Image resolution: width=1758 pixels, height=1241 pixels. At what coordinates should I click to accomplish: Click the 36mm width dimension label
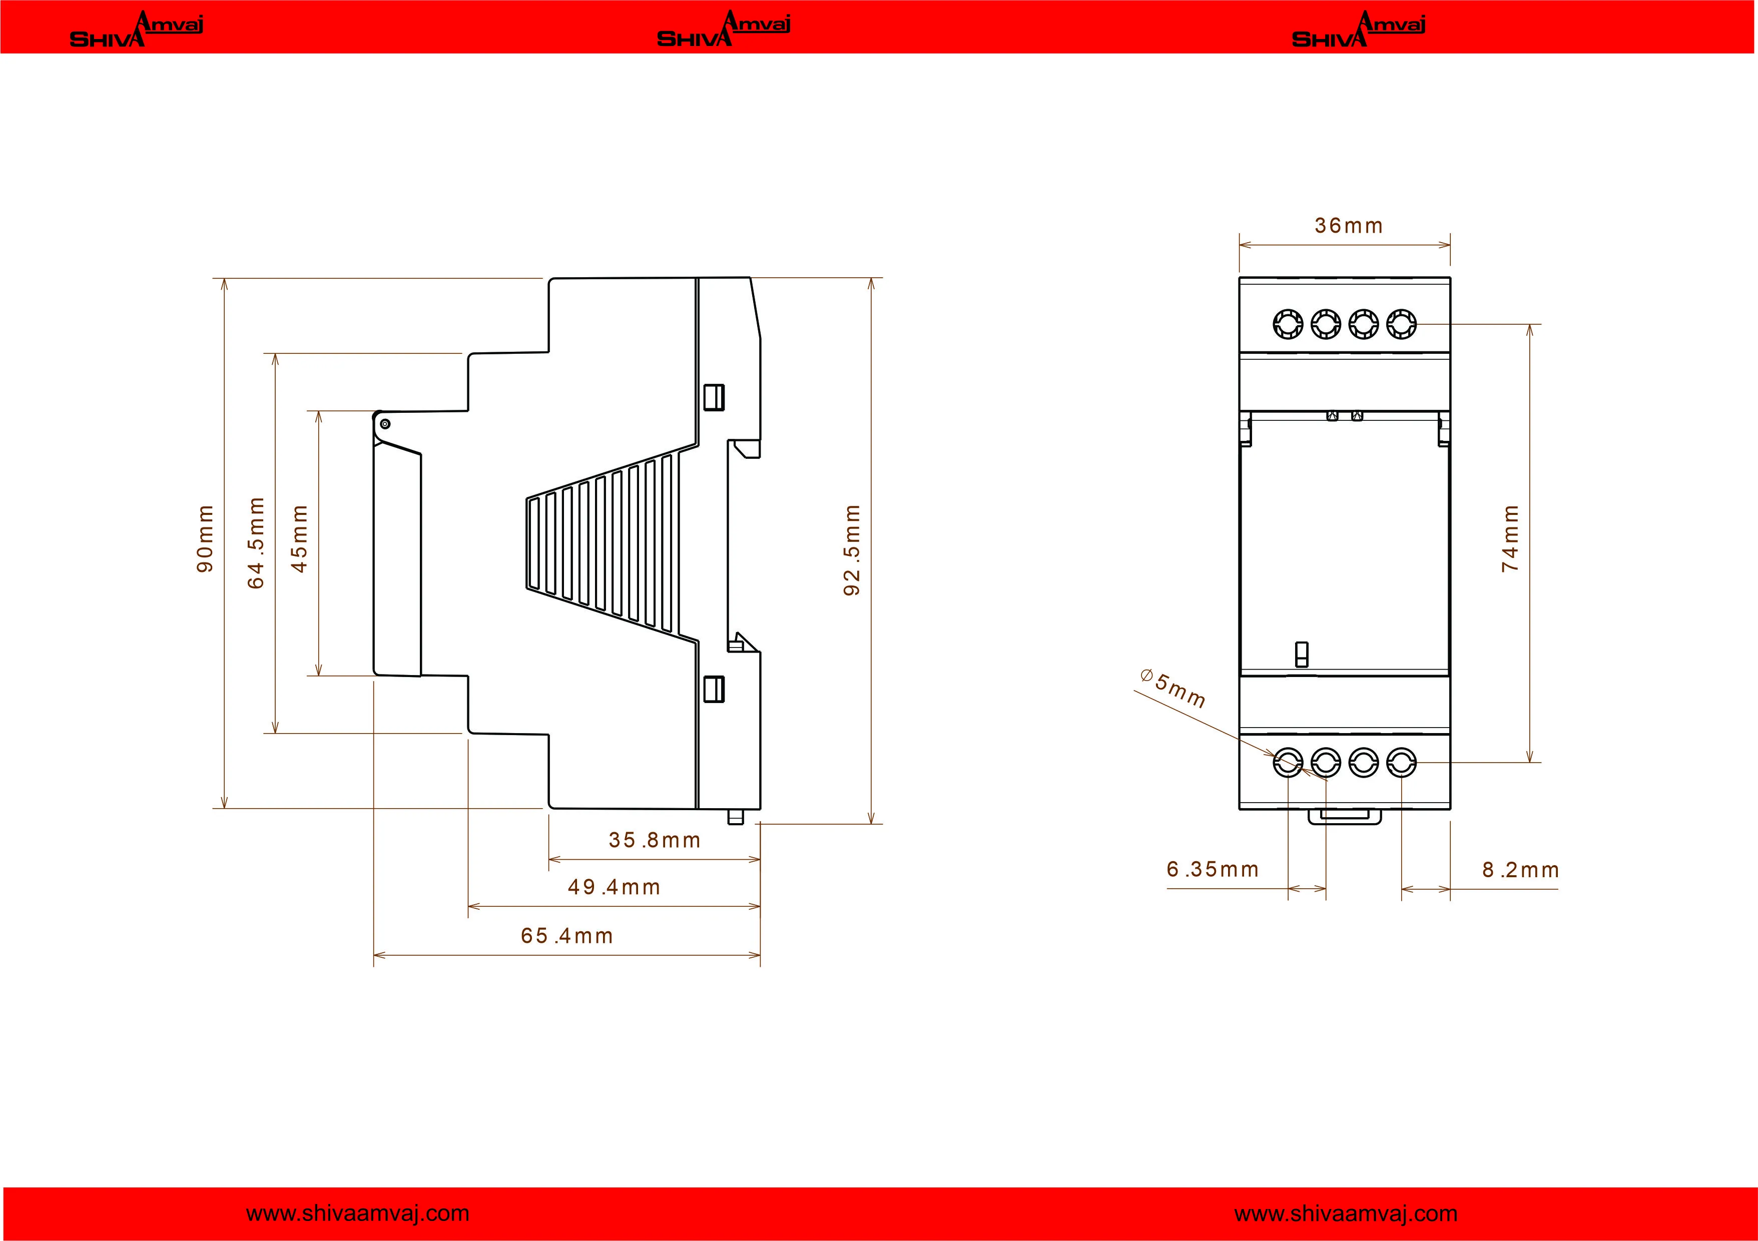coord(1348,226)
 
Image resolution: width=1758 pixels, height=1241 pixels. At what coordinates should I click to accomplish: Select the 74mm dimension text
coord(1510,538)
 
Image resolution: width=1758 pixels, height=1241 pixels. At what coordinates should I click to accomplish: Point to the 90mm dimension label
coord(205,538)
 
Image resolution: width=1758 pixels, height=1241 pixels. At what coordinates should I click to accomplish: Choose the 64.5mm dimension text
coord(256,543)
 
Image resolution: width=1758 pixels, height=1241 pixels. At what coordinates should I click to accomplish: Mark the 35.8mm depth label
coord(655,840)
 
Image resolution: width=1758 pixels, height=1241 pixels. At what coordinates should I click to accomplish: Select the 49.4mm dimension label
coord(614,887)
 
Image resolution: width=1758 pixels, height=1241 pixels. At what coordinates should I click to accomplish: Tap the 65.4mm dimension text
coord(567,936)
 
